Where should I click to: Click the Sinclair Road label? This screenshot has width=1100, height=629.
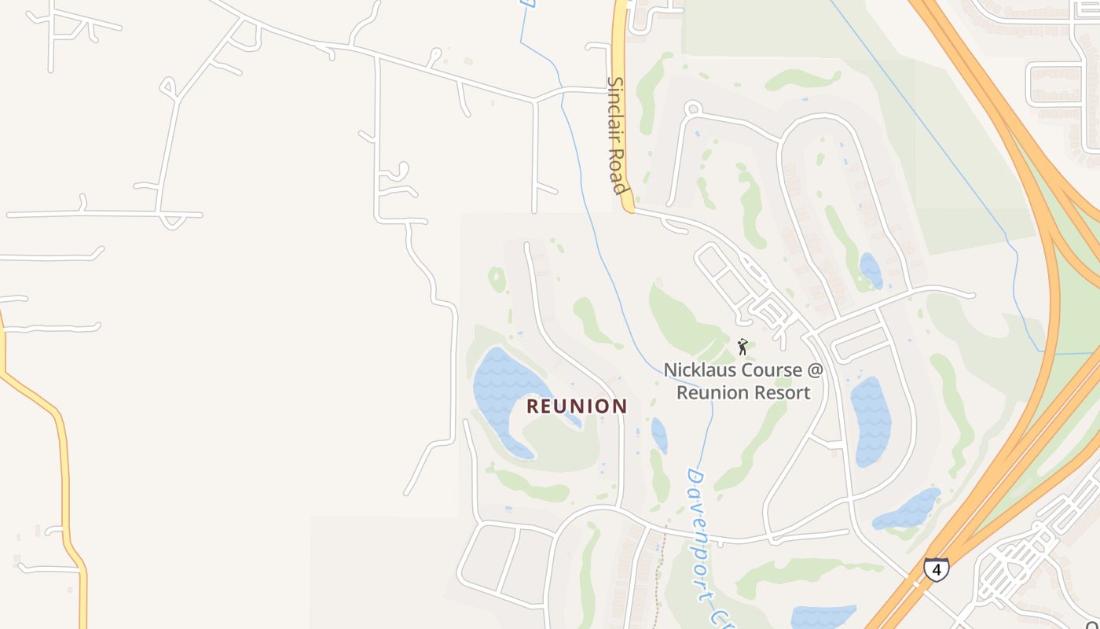click(x=618, y=135)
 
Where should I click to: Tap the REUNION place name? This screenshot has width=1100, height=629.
click(x=577, y=406)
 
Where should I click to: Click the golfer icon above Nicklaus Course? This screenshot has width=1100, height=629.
click(x=742, y=346)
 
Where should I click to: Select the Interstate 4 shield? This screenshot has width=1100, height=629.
click(x=936, y=568)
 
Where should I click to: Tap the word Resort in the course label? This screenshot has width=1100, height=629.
click(x=782, y=392)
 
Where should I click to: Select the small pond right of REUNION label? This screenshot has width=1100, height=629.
click(x=659, y=435)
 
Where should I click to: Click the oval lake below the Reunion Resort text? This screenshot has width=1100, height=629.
click(x=871, y=421)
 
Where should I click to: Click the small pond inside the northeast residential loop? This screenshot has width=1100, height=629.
click(x=871, y=270)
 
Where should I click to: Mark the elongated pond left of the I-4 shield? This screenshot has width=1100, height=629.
click(x=907, y=509)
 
